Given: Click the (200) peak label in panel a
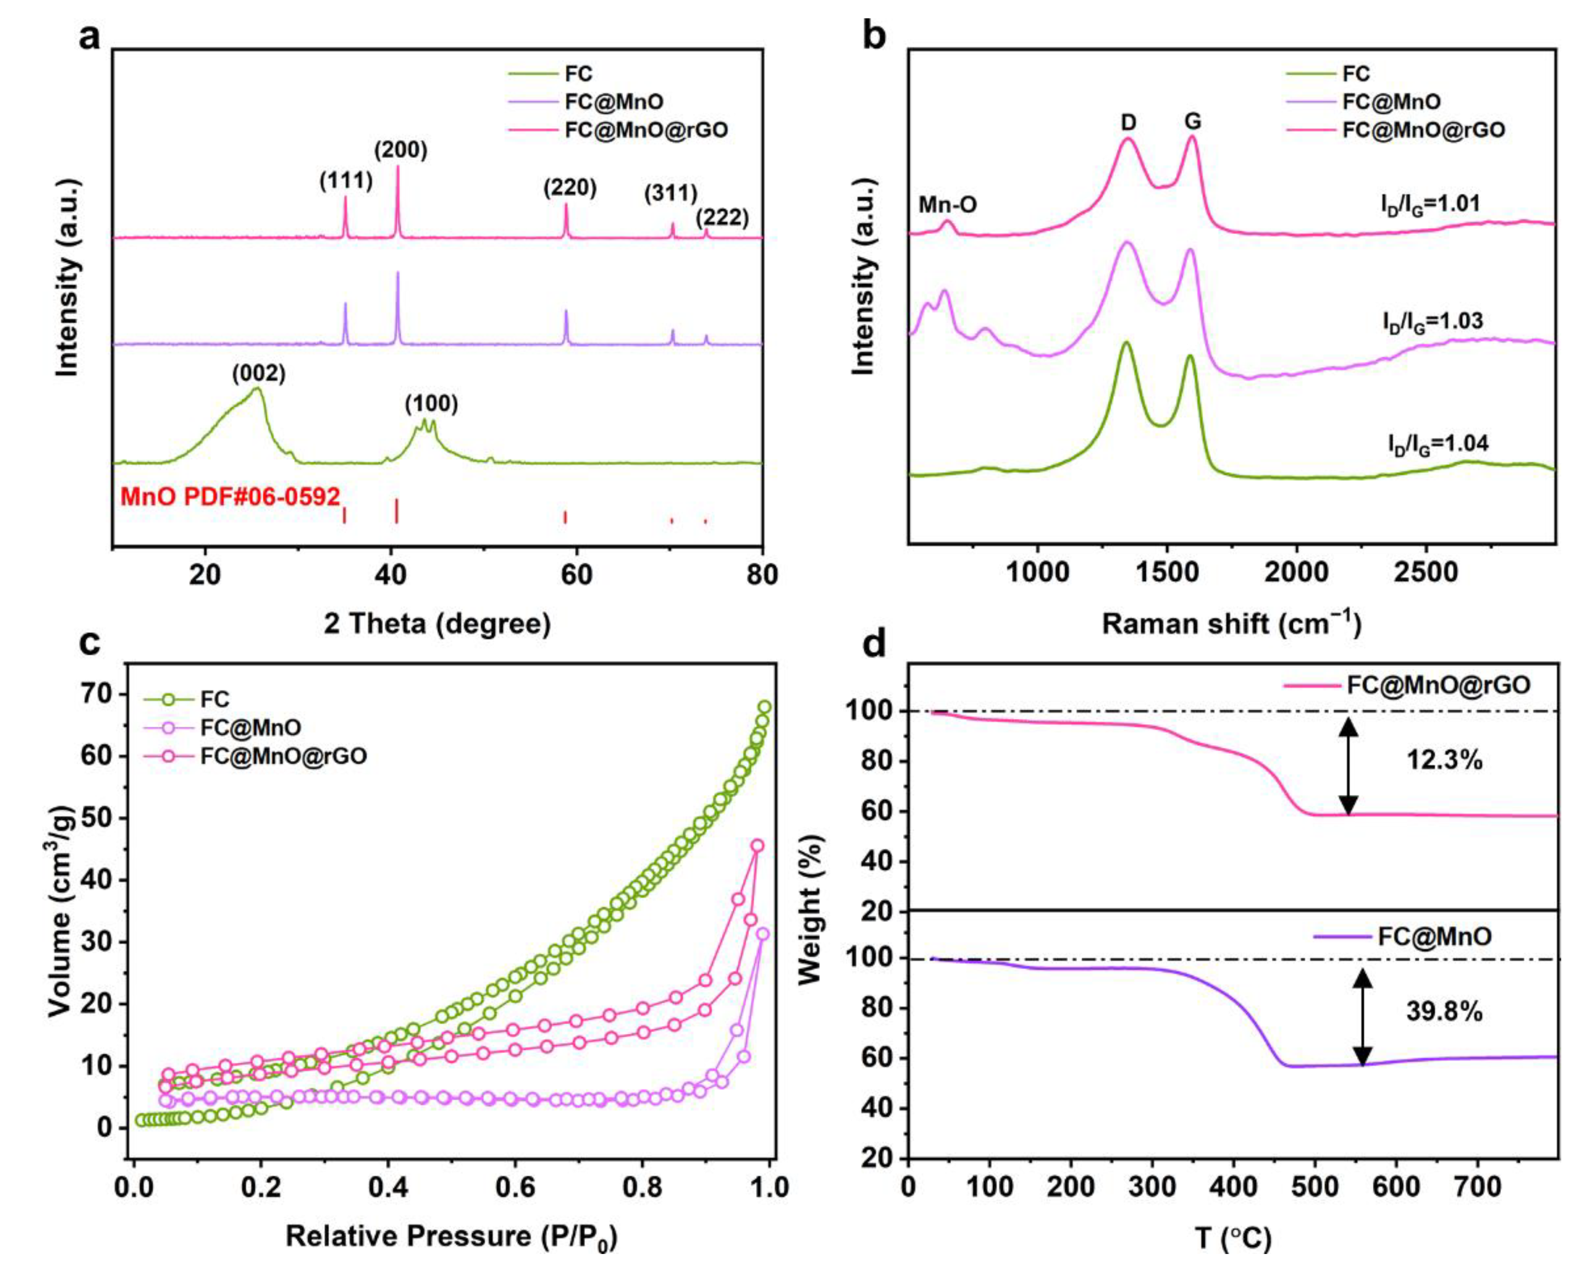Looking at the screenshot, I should [400, 150].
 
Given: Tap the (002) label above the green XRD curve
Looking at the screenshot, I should [259, 374].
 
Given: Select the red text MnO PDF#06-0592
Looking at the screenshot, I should [230, 497].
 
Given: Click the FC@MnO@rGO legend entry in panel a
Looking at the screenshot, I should [645, 130].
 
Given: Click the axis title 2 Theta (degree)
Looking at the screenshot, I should [438, 623].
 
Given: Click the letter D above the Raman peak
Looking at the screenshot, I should [1129, 122].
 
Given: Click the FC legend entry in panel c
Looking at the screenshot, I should [214, 699].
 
